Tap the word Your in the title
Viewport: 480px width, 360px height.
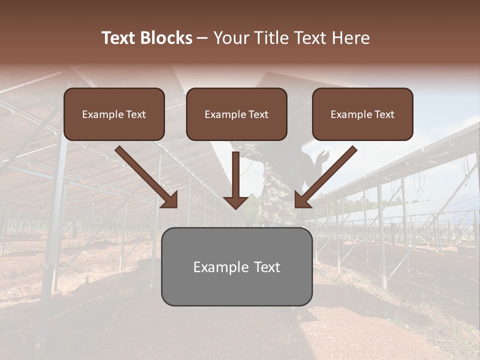[x=231, y=38]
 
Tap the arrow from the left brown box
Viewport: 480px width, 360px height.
[x=145, y=175]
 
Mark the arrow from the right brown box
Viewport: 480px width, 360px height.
[x=327, y=175]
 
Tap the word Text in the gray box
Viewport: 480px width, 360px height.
[x=266, y=267]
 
